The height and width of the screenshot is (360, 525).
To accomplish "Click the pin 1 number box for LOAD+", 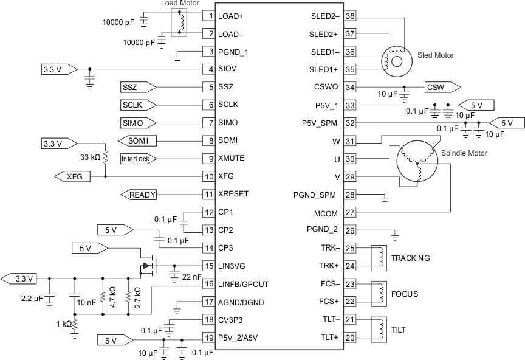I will click(x=208, y=16).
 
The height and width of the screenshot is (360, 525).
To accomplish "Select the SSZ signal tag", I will click(x=138, y=87).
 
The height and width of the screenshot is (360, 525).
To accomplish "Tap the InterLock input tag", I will click(x=138, y=158).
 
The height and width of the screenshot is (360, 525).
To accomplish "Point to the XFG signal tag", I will click(x=72, y=176).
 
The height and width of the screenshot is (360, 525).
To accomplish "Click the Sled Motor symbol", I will click(x=393, y=59).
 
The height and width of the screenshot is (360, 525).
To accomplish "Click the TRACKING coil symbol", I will click(x=379, y=257).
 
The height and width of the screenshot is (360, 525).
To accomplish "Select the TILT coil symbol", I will click(x=379, y=329).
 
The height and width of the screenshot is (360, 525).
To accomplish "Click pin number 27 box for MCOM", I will click(x=350, y=213).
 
